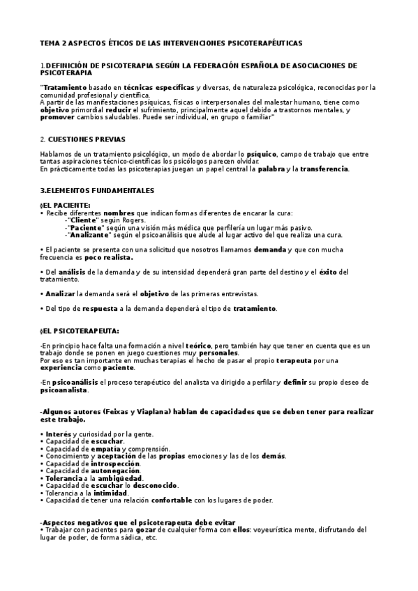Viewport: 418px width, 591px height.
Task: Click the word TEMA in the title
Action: pyautogui.click(x=50, y=43)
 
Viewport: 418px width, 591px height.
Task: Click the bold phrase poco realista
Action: pyautogui.click(x=111, y=257)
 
